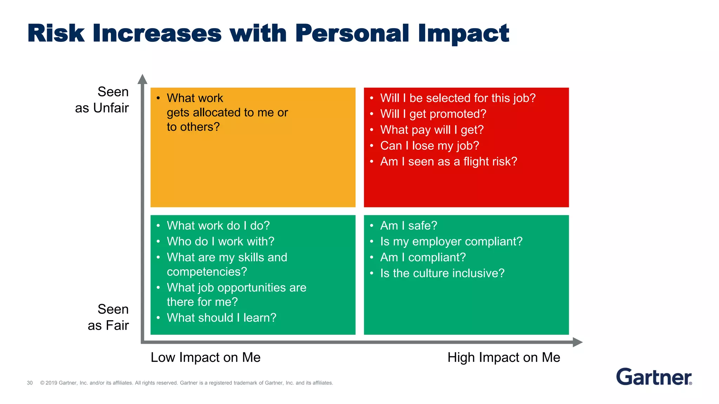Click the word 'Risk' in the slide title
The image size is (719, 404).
tap(56, 33)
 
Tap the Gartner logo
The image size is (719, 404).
tap(654, 377)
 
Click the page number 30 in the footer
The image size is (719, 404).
tap(30, 383)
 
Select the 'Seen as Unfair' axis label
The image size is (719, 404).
tap(102, 100)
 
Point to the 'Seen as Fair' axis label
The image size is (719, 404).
tap(108, 317)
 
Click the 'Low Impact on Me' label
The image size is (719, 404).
tap(205, 357)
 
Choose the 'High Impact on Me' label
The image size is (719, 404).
tap(503, 357)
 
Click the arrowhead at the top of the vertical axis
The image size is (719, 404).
tap(142, 79)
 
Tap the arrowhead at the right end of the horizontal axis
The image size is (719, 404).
tap(578, 342)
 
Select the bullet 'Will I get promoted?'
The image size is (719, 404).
tap(433, 114)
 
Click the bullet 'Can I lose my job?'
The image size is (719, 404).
tap(429, 146)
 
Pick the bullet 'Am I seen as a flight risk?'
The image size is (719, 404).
tap(449, 162)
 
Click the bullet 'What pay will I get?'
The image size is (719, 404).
tap(432, 130)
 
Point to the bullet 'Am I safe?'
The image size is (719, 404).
tap(409, 225)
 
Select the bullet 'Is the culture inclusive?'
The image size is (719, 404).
tap(442, 273)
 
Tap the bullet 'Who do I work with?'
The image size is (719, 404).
tap(220, 241)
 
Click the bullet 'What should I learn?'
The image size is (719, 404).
tap(222, 318)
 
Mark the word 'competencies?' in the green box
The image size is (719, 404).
tap(207, 272)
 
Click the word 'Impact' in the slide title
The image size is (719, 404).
tap(463, 33)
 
